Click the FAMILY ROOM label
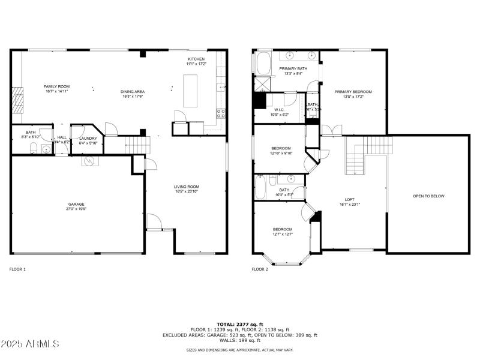point(56,87)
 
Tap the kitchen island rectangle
point(190,91)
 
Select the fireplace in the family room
point(17,99)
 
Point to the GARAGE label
point(76,204)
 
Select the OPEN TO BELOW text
point(428,196)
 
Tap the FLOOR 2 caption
point(260,269)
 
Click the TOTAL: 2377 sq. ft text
point(239,324)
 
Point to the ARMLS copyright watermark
point(30,344)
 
